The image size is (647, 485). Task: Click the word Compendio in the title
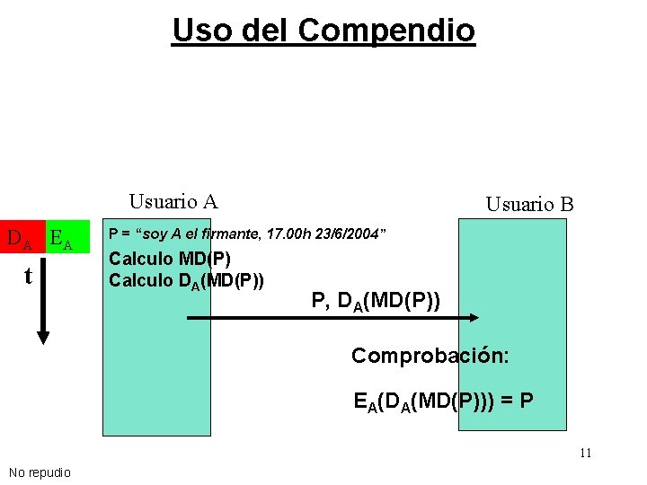(386, 31)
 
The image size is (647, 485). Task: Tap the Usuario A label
(173, 201)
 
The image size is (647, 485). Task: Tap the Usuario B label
(529, 204)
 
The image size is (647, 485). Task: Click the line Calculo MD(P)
(169, 260)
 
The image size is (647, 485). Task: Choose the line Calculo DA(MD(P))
(186, 280)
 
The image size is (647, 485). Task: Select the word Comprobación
(430, 356)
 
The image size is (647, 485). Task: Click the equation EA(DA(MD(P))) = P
(444, 401)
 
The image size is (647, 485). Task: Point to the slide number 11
(585, 453)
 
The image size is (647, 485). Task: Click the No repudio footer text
(40, 472)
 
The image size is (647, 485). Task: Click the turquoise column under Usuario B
(512, 377)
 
